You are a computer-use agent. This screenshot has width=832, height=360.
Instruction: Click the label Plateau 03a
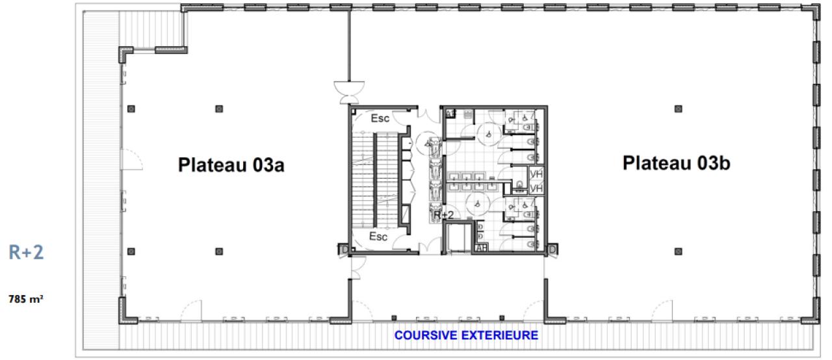(x=231, y=166)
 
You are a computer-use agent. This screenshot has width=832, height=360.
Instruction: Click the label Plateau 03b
(x=676, y=162)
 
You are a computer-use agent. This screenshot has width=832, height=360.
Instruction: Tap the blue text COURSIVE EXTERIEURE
(x=467, y=336)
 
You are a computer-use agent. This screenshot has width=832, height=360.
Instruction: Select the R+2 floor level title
(x=26, y=253)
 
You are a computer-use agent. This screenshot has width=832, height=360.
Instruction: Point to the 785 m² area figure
(x=26, y=300)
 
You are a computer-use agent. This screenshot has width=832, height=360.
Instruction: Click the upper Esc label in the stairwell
(x=380, y=120)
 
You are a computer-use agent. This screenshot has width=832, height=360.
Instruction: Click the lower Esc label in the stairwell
(x=378, y=237)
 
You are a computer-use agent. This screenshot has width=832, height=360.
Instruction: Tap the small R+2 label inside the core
(x=443, y=215)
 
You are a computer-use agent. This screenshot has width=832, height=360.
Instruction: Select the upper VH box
(x=536, y=175)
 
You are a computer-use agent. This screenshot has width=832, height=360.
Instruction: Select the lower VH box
(x=536, y=188)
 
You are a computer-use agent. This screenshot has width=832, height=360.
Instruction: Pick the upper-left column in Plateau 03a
(x=131, y=108)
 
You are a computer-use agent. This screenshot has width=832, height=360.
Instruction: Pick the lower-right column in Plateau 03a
(x=219, y=251)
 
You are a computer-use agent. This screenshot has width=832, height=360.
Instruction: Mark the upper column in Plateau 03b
(x=678, y=108)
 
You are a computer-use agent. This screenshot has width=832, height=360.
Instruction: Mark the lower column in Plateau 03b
(x=678, y=251)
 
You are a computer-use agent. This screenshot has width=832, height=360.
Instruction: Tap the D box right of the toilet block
(x=552, y=250)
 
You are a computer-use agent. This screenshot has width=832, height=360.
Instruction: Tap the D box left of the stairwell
(x=343, y=250)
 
